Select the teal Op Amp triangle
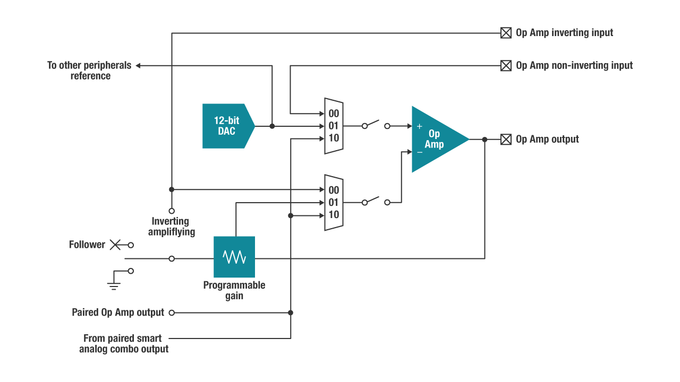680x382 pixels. pos(436,139)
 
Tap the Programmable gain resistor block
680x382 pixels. pos(234,257)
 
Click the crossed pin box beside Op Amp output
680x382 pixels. pos(506,139)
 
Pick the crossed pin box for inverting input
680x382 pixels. pos(506,33)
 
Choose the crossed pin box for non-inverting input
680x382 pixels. pos(506,66)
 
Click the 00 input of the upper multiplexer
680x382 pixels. pos(333,114)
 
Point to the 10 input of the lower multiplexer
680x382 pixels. pos(333,215)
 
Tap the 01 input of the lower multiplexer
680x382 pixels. pos(333,203)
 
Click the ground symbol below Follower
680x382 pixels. pos(113,282)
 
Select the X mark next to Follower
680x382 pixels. pos(115,245)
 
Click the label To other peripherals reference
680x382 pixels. pos(90,71)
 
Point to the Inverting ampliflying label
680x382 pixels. pos(171,227)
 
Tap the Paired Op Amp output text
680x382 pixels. pos(118,312)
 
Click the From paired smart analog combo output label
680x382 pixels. pos(124,343)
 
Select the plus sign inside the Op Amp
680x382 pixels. pos(420,126)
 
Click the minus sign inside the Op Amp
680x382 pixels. pos(420,152)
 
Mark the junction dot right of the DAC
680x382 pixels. pos(272,126)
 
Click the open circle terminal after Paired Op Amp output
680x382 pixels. pos(172,312)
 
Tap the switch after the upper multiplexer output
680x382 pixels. pos(376,125)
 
